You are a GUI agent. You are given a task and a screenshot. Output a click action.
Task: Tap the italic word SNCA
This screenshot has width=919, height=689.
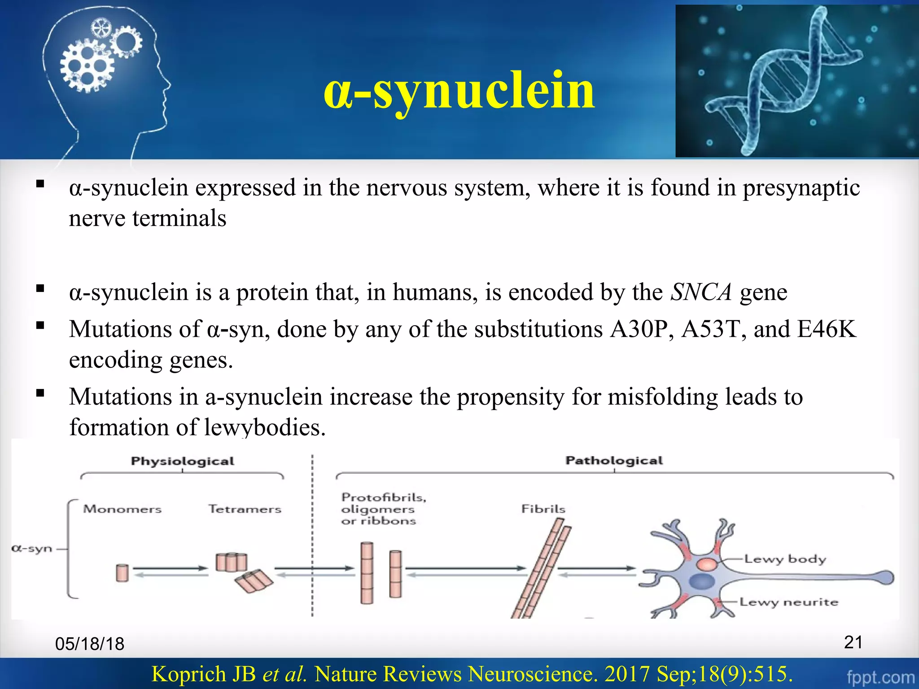(701, 292)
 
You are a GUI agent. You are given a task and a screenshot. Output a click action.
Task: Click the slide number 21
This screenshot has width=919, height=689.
(853, 642)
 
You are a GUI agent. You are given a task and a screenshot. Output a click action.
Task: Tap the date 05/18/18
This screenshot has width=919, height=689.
(90, 644)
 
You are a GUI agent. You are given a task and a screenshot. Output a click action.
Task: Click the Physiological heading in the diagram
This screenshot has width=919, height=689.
(182, 461)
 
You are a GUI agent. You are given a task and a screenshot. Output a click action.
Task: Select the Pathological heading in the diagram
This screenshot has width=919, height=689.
(614, 461)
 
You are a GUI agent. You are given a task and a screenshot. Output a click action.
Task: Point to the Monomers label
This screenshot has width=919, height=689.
(122, 509)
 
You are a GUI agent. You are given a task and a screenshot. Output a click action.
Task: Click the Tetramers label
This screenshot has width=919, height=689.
(245, 509)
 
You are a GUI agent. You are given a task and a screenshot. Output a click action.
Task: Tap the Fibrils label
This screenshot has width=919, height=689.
(543, 509)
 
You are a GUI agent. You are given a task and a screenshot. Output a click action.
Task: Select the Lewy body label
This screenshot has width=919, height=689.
(785, 559)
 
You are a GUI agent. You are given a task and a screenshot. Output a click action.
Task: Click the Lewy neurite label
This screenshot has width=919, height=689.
(788, 602)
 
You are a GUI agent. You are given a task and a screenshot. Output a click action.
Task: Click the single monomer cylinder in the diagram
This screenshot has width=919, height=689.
(122, 573)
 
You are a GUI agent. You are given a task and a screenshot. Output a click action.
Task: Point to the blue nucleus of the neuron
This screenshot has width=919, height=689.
(702, 582)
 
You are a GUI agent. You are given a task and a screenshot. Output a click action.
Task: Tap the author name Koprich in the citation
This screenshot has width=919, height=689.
(203, 674)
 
